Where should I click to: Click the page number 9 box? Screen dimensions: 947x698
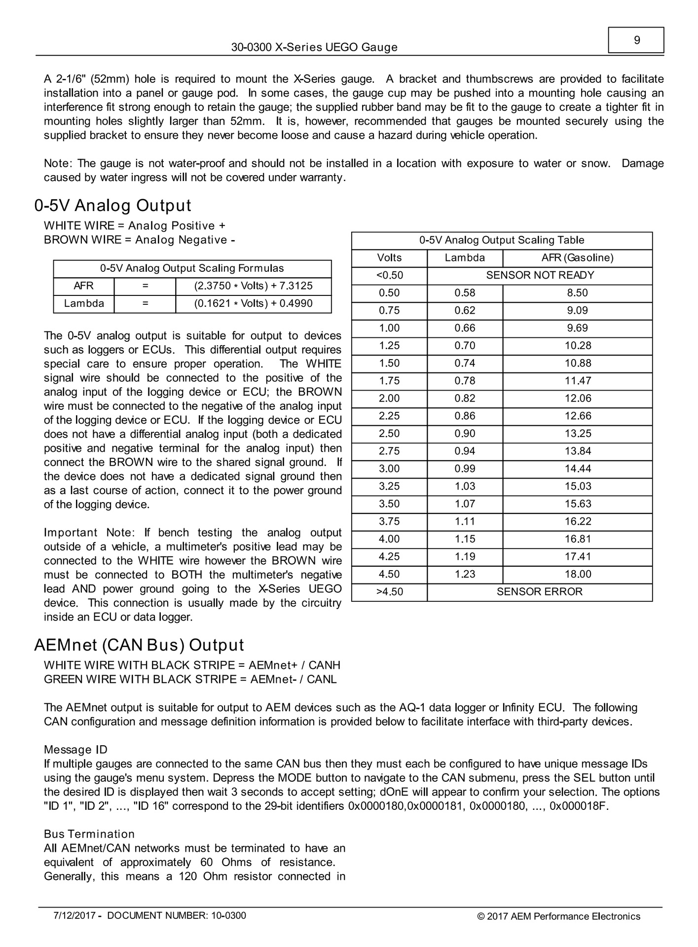point(636,40)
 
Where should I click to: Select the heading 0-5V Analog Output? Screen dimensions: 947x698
point(113,206)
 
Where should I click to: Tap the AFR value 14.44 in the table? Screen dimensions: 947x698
point(578,469)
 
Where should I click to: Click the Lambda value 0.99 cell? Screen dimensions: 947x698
point(465,469)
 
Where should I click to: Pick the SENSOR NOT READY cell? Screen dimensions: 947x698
point(540,275)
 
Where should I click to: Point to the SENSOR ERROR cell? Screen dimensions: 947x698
point(540,592)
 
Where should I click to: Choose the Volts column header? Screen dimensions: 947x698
point(389,257)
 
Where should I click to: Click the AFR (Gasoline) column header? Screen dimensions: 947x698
point(577,257)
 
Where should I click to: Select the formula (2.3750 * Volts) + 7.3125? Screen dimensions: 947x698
point(253,286)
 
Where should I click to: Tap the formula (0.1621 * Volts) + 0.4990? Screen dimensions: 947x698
point(253,303)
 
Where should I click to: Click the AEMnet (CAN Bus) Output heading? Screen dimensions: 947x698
point(139,645)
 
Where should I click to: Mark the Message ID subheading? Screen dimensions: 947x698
point(75,750)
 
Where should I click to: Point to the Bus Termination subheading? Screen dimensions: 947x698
point(89,834)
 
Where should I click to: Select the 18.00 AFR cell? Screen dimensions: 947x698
point(578,574)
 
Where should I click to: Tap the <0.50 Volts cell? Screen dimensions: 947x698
point(389,275)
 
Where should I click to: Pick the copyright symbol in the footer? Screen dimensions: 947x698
point(480,917)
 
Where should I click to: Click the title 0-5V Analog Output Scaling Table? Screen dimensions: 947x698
point(502,240)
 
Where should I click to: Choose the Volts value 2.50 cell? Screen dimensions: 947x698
point(389,434)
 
